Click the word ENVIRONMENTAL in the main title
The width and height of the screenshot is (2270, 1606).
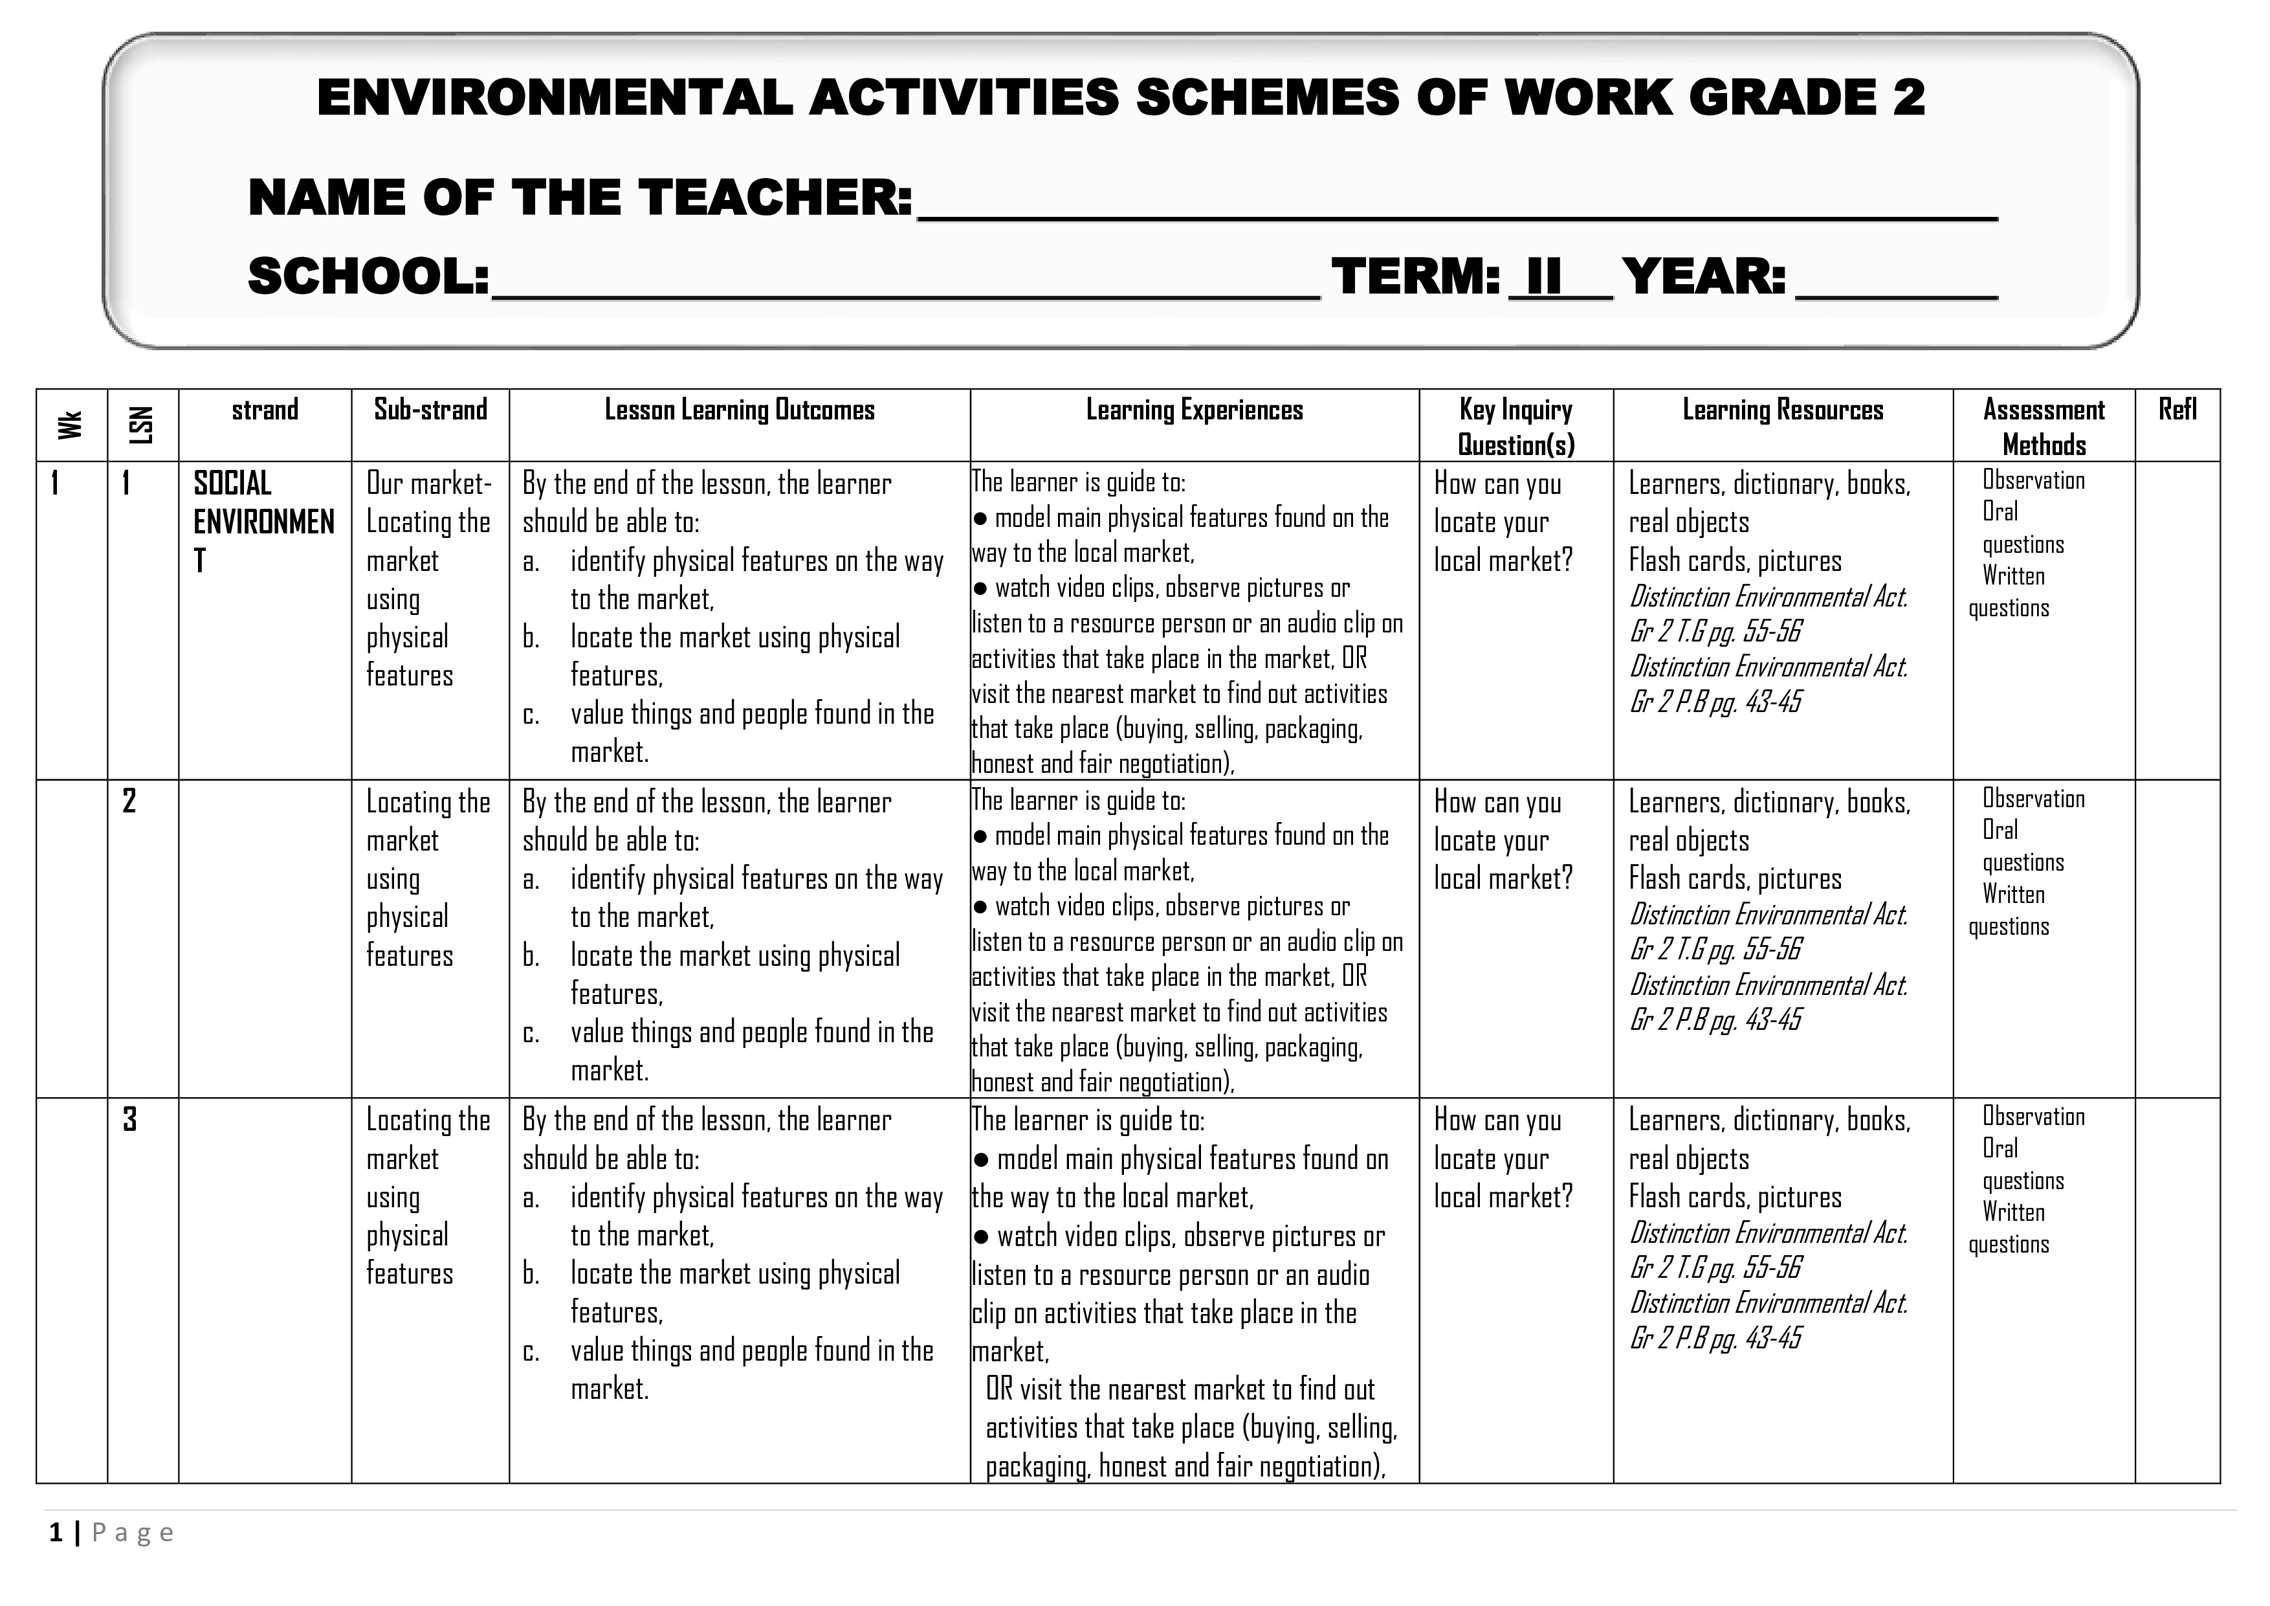[554, 98]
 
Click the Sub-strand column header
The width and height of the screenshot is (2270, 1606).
[430, 409]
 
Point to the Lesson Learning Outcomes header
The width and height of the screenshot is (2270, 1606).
[740, 409]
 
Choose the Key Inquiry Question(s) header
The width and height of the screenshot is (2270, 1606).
[1515, 426]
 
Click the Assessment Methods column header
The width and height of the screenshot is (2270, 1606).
[2043, 426]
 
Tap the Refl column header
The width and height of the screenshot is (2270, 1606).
[2177, 409]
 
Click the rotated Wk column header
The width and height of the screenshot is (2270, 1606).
[70, 425]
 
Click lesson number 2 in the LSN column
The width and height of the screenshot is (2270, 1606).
[129, 801]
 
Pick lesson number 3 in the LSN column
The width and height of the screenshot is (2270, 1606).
[129, 1119]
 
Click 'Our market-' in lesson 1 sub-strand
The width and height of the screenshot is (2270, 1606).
[428, 484]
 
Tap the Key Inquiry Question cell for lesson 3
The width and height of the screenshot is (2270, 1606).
[1502, 1158]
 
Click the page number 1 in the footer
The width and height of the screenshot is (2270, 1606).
[56, 1533]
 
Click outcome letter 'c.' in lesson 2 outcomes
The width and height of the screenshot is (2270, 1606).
[532, 1032]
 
